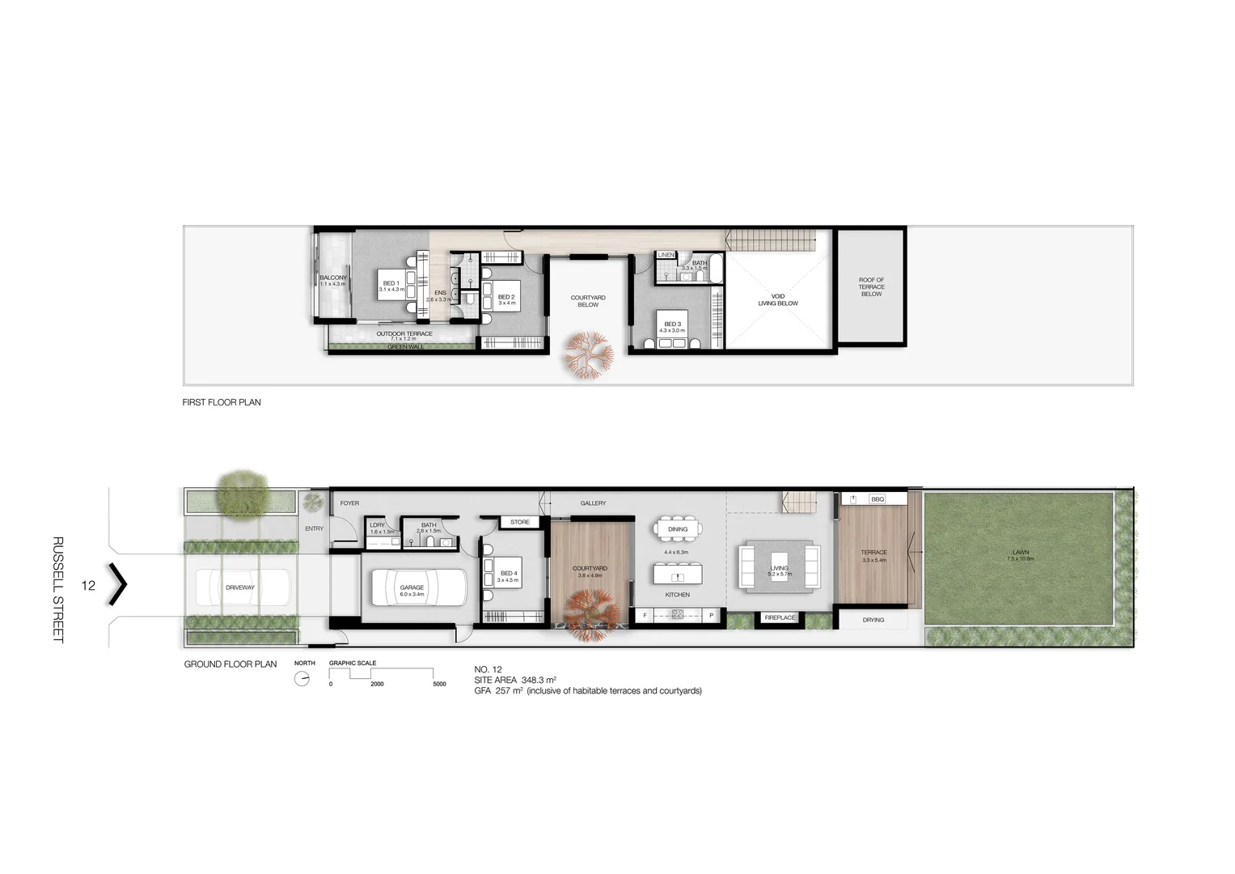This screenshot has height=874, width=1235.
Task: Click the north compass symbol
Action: (302, 679)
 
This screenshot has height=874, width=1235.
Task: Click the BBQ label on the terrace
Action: (878, 499)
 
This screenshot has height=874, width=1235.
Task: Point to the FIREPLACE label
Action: (780, 617)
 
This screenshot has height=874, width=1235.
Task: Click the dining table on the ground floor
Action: (678, 529)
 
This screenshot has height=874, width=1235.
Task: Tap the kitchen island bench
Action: (678, 575)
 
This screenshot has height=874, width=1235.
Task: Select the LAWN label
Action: (1021, 553)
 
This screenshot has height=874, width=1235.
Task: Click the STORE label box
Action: (520, 522)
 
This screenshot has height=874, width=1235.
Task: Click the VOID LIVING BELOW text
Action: (778, 300)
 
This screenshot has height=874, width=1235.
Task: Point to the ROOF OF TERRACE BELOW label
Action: (871, 287)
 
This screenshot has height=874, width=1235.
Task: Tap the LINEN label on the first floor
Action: (666, 255)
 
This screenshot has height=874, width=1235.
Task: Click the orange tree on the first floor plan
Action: (589, 354)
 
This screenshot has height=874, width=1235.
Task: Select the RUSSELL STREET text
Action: (58, 589)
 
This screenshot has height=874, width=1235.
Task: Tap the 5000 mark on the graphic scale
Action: (439, 684)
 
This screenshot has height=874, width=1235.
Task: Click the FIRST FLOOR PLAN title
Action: (222, 402)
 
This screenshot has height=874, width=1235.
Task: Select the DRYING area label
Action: (873, 620)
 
